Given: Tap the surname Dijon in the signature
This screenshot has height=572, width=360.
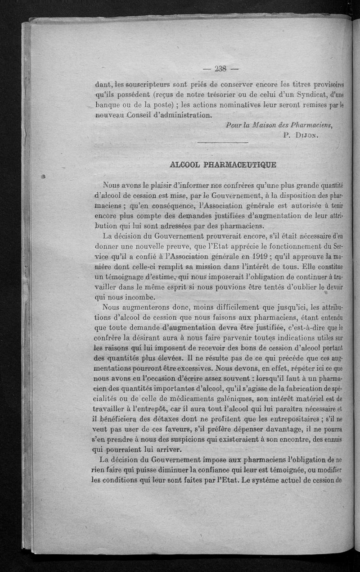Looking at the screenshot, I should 308,134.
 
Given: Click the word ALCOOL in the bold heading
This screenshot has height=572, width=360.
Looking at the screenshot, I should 183,165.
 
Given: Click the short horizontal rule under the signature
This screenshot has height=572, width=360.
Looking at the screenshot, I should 223,143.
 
